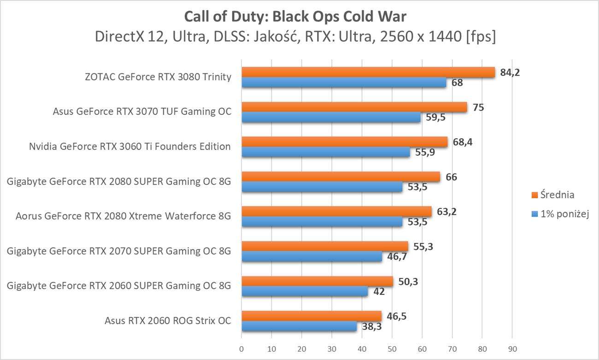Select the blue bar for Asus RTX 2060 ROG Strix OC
tap(299, 326)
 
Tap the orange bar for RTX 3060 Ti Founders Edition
tap(344, 142)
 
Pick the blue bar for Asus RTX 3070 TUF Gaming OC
tap(331, 118)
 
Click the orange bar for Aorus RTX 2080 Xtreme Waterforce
tap(336, 212)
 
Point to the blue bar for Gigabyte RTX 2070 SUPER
tap(311, 257)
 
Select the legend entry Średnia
tap(557, 195)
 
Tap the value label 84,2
tap(510, 72)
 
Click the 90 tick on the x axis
tap(511, 348)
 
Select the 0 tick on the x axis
tap(241, 348)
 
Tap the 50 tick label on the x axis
tap(392, 348)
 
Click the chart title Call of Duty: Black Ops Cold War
tap(295, 17)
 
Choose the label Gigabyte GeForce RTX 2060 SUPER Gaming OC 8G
tap(119, 286)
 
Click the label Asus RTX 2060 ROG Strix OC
tap(168, 321)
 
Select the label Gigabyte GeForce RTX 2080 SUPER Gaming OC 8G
tap(119, 182)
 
